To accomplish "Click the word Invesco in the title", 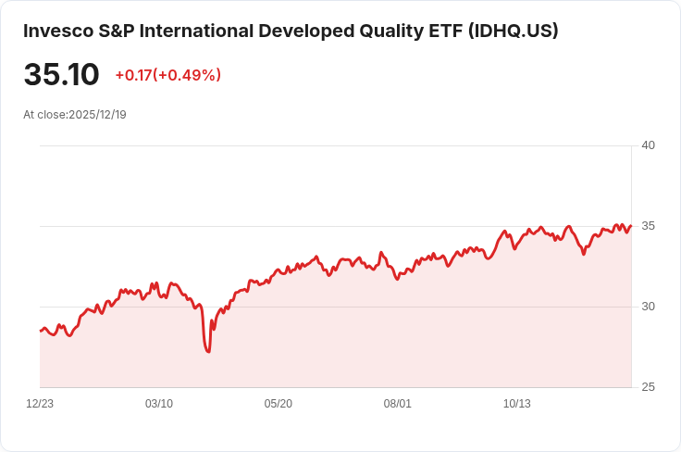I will click(56, 31).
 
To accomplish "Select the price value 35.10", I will click(61, 74).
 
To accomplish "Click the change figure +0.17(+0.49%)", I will click(167, 75).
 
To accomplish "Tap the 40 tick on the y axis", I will click(648, 145).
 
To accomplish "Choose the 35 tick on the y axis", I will click(648, 226).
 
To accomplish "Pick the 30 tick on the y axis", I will click(648, 307).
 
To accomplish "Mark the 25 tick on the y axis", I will click(648, 387).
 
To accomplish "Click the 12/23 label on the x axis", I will click(40, 404).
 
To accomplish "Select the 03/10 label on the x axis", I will click(159, 404).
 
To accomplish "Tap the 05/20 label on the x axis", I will click(279, 404).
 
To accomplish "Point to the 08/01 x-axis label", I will click(398, 404).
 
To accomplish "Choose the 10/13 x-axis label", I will click(516, 404).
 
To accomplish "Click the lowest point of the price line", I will click(208, 352).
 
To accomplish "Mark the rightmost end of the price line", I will click(631, 225).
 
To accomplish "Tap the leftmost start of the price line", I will click(40, 331).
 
